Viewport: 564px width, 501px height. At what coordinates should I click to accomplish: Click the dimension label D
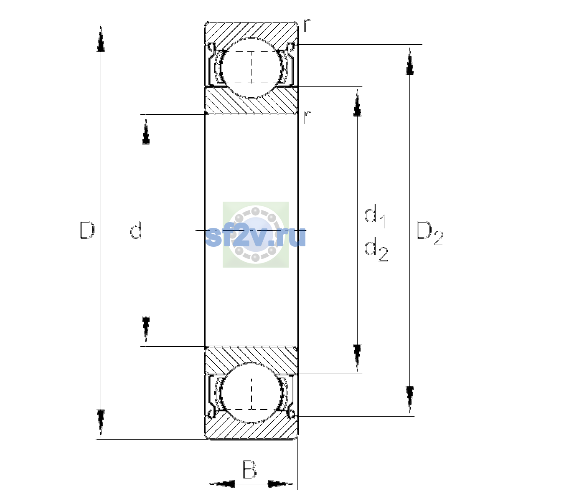[x=87, y=230]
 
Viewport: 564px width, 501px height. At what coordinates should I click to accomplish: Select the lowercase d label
[x=136, y=230]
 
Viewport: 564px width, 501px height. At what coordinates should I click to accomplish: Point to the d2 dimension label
[x=376, y=249]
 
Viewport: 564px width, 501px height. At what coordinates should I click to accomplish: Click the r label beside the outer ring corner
[x=307, y=25]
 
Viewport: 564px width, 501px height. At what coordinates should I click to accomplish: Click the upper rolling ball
[x=252, y=68]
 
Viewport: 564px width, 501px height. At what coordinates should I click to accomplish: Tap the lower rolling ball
[x=252, y=393]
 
